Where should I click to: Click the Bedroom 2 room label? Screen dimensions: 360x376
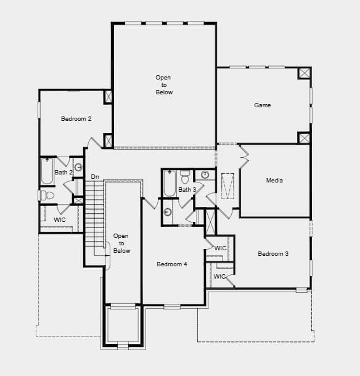tap(76, 119)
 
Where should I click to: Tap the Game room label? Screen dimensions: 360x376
tap(263, 105)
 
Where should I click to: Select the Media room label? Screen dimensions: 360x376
tap(274, 181)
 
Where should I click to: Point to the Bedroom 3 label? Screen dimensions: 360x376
tap(273, 254)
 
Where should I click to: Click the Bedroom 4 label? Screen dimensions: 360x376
tap(172, 264)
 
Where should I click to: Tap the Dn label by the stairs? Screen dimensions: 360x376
tap(95, 177)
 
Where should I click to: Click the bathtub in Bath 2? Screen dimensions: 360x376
tap(47, 171)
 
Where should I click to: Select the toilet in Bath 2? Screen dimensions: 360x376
tap(46, 195)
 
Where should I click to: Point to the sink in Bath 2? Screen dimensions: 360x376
tap(78, 167)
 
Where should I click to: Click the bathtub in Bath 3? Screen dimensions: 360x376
tap(170, 183)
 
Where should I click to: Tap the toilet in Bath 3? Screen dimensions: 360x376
tap(185, 177)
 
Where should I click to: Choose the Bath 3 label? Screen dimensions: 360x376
tap(187, 190)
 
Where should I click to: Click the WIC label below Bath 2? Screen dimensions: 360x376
tap(60, 219)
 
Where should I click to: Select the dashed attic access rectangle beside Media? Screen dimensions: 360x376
tap(227, 186)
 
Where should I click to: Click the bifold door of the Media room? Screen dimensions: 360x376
tap(244, 156)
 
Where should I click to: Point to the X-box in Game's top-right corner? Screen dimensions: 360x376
tap(304, 73)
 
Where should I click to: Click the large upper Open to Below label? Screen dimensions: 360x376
tap(164, 85)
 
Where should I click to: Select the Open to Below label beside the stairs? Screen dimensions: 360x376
tap(121, 243)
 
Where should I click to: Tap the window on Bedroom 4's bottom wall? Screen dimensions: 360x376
tap(172, 306)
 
